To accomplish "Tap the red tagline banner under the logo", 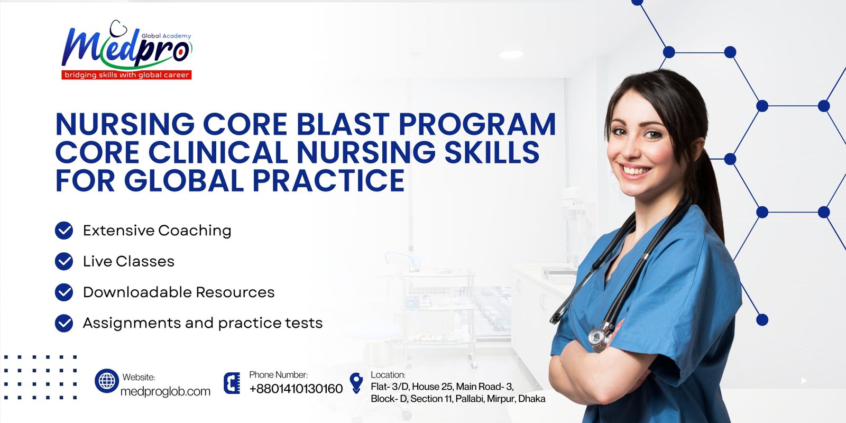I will coord(126,75).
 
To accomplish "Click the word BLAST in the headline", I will coord(343,124).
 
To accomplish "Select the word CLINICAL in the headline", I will coord(218,152).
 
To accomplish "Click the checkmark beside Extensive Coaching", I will coord(64,231).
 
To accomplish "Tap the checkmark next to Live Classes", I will coord(64,261).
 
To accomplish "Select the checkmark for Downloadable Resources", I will coord(64,292).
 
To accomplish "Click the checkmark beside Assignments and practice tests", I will coord(64,323).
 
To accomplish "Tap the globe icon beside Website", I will coord(107,381).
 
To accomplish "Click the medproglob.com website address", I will coord(165,391).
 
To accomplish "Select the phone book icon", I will coord(232,383).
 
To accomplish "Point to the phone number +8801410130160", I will coord(296,389).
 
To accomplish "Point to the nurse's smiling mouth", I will coord(636,171).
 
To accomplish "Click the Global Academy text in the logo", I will coord(166,36).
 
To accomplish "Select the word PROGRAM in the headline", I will coord(477,124).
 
